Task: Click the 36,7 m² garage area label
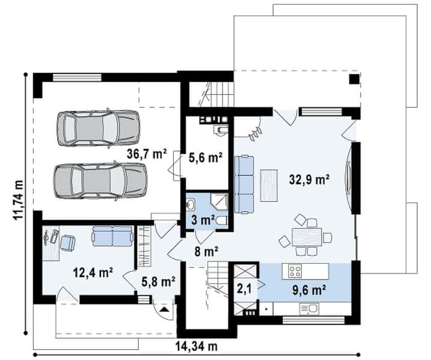click(x=147, y=154)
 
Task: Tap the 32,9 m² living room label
click(x=310, y=180)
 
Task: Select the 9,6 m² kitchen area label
click(x=309, y=290)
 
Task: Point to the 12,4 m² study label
click(x=93, y=273)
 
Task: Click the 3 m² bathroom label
click(x=203, y=220)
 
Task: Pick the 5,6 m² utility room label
click(x=206, y=157)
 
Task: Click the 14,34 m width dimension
click(x=197, y=346)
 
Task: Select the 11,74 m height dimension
click(x=18, y=200)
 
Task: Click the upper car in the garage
click(x=98, y=128)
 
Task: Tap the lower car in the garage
click(x=100, y=181)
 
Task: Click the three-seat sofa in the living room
click(x=244, y=185)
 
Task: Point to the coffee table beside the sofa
click(x=269, y=186)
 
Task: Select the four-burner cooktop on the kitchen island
click(x=295, y=270)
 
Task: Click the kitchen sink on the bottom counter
click(x=309, y=310)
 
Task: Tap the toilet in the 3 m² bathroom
click(x=221, y=221)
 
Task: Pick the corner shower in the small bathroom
click(x=219, y=203)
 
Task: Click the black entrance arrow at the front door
click(x=164, y=310)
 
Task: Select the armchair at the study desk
click(x=67, y=243)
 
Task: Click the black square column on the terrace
click(x=354, y=79)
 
